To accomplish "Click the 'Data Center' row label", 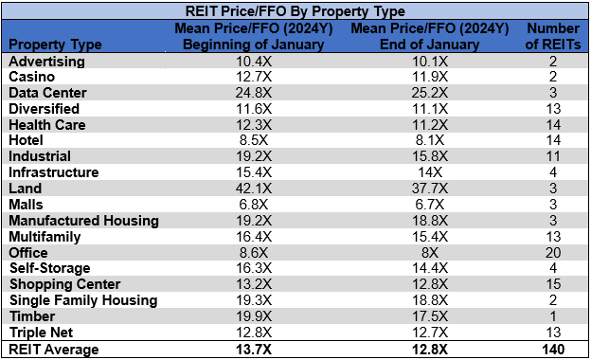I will pos(47,93).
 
